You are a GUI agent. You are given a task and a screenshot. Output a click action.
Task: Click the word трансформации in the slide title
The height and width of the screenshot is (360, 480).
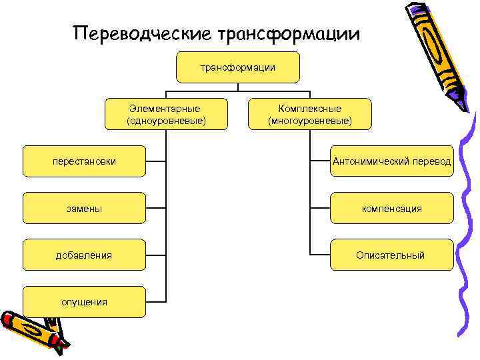point(288,34)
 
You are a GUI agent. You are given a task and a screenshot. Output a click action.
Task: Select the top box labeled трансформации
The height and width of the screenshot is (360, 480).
point(238,67)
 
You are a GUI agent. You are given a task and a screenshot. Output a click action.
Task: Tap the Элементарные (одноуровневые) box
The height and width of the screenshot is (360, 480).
point(165,114)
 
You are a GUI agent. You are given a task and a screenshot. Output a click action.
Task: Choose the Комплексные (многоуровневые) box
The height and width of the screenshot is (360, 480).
point(309,114)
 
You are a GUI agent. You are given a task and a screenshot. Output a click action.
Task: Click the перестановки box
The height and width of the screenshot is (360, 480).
point(84,161)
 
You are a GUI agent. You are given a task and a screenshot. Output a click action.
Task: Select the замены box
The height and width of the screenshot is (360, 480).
point(84,208)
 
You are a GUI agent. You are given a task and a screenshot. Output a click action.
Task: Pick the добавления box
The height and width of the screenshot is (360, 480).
point(84,255)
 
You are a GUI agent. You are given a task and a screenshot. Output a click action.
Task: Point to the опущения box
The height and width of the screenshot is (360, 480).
point(84,301)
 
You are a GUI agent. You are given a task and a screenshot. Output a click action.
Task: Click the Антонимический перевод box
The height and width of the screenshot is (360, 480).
point(392,161)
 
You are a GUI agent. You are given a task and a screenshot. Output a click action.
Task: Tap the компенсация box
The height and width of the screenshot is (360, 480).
point(392,208)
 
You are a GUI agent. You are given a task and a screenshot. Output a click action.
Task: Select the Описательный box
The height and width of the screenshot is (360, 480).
point(392,255)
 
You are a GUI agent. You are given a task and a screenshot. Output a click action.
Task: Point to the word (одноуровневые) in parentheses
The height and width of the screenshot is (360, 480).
point(165,121)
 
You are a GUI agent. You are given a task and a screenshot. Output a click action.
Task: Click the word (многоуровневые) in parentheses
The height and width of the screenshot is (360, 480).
point(309,121)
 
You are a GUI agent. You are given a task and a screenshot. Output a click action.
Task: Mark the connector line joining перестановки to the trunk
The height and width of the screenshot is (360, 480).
point(156,161)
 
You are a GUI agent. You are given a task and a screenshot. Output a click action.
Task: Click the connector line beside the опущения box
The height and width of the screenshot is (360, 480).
point(156,301)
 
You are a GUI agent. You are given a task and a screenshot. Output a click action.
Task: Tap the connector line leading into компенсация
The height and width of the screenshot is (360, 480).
point(320,208)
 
